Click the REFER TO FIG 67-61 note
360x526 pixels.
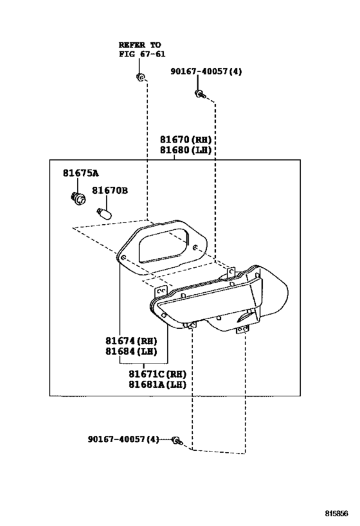[142, 49]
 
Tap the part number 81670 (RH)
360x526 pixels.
[186, 139]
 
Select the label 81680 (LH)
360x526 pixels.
[186, 150]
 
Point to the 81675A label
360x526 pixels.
[81, 173]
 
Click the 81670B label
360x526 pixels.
[110, 191]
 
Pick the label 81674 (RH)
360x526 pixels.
[131, 341]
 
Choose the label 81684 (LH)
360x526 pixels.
[131, 351]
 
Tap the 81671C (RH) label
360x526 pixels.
[157, 374]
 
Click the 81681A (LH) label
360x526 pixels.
[157, 385]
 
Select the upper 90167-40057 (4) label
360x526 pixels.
[206, 71]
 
